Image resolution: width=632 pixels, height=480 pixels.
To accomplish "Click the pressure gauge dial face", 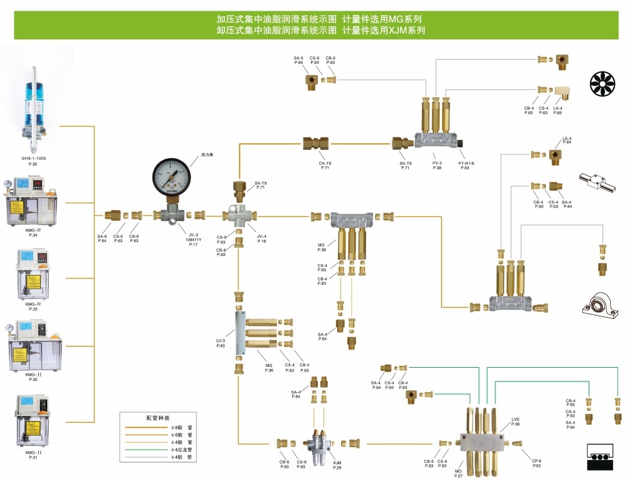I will click(x=172, y=178).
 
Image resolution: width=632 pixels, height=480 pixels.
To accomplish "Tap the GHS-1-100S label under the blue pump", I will click(x=34, y=158).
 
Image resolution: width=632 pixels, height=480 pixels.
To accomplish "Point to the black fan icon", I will click(x=603, y=84).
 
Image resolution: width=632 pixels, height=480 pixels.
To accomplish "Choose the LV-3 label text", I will click(x=221, y=341).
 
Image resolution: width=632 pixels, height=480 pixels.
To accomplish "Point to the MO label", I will click(x=458, y=471).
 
